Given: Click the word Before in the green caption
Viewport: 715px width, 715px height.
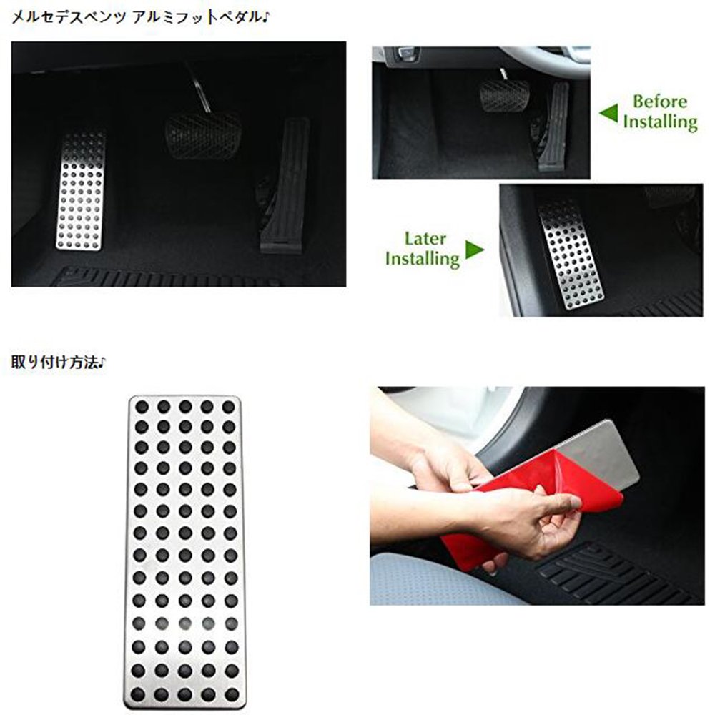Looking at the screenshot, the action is (660, 102).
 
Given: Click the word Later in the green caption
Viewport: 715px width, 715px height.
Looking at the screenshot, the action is (425, 239).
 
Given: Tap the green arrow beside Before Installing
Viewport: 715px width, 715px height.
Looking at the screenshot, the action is (608, 113).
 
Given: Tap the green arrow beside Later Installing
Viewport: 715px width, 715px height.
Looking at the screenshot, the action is (474, 250).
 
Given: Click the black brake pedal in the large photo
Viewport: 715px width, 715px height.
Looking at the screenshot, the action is (203, 135).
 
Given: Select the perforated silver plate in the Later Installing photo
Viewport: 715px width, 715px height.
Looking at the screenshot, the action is (571, 256).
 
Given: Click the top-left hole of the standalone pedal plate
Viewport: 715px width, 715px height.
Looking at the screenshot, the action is (142, 406).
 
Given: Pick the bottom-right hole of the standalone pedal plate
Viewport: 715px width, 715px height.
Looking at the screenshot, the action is (232, 694).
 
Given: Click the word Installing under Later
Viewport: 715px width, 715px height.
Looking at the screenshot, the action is (423, 259).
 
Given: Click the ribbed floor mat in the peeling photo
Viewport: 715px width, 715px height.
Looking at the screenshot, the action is (611, 572).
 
